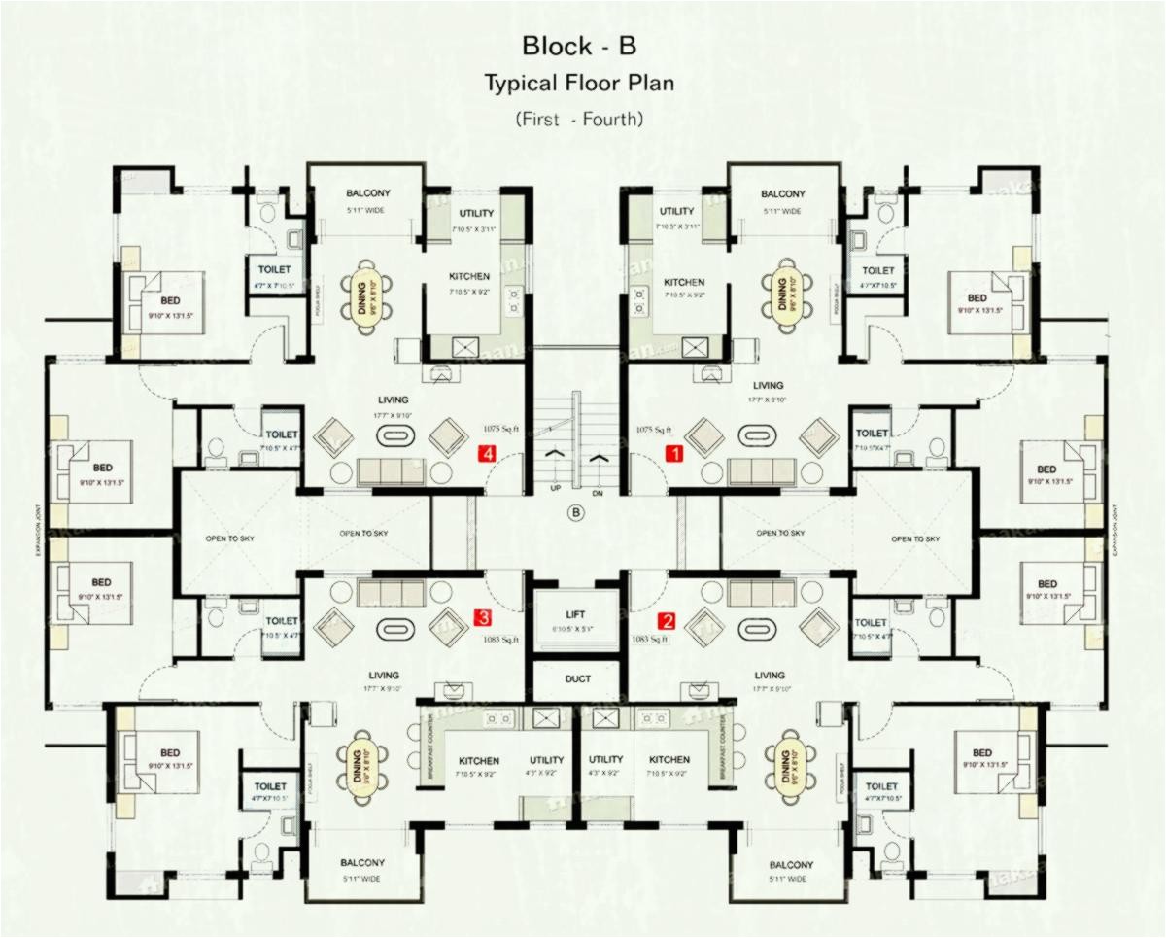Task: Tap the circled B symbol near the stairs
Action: click(x=577, y=511)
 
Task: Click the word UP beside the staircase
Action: click(x=555, y=487)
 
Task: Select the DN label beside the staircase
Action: click(x=598, y=493)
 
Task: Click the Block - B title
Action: click(x=579, y=46)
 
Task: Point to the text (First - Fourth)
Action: click(x=579, y=120)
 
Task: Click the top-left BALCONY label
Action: click(x=366, y=193)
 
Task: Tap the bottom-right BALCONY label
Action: click(x=790, y=865)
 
